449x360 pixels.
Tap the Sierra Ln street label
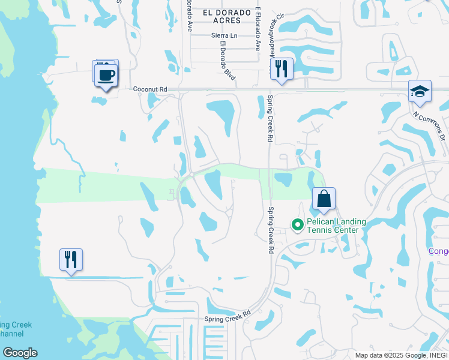click(224, 36)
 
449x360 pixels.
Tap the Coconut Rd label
click(150, 88)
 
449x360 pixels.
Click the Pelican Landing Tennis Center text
click(336, 226)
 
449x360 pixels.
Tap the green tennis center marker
click(297, 226)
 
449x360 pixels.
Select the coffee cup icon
click(106, 76)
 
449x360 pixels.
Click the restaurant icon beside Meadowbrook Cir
click(281, 68)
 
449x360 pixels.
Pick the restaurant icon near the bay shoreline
click(71, 259)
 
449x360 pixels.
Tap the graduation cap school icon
click(420, 91)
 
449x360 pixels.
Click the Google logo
click(20, 353)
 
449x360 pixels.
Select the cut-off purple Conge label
click(439, 251)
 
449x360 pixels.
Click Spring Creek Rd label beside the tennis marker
click(271, 230)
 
